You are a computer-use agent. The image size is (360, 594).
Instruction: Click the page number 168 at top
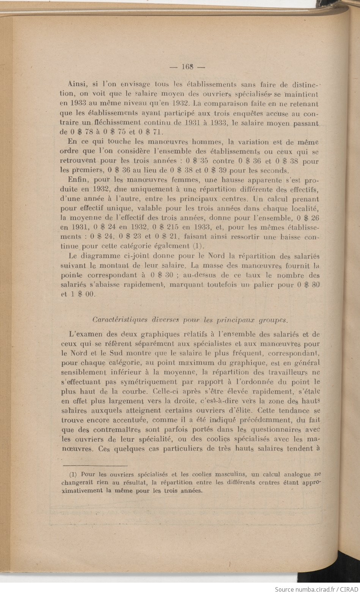click(x=188, y=67)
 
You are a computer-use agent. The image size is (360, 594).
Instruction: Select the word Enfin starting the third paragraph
click(x=76, y=180)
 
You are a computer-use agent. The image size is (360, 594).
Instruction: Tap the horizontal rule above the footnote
click(x=95, y=465)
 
